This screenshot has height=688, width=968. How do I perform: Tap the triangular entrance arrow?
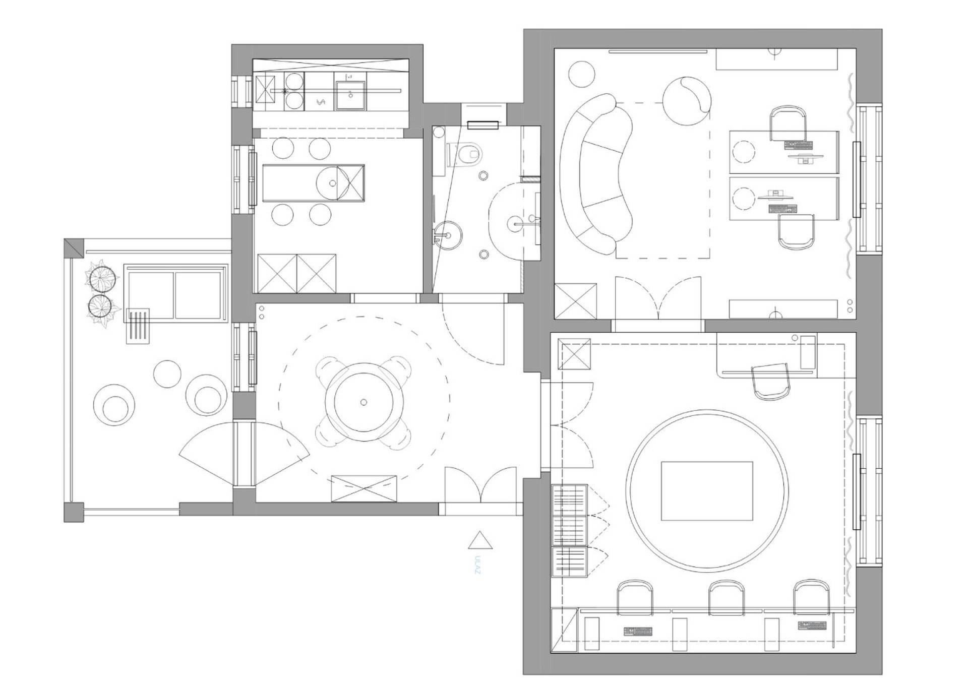coord(480,540)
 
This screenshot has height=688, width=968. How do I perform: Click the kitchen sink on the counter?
coord(351,95)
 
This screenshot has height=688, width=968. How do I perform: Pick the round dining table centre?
coord(364,402)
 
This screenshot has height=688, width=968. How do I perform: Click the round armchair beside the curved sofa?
coord(687,100)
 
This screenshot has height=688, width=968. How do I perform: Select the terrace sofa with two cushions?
coord(174,293)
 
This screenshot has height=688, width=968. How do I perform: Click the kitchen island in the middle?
coord(313,183)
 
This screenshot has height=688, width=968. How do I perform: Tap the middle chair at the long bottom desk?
coord(727,598)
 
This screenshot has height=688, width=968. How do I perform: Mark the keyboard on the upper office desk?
coord(799,145)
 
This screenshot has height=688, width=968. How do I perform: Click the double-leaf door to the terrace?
coord(245,454)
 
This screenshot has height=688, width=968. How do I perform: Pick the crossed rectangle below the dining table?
coord(364,488)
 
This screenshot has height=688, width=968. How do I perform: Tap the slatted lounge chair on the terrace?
coord(138,326)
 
